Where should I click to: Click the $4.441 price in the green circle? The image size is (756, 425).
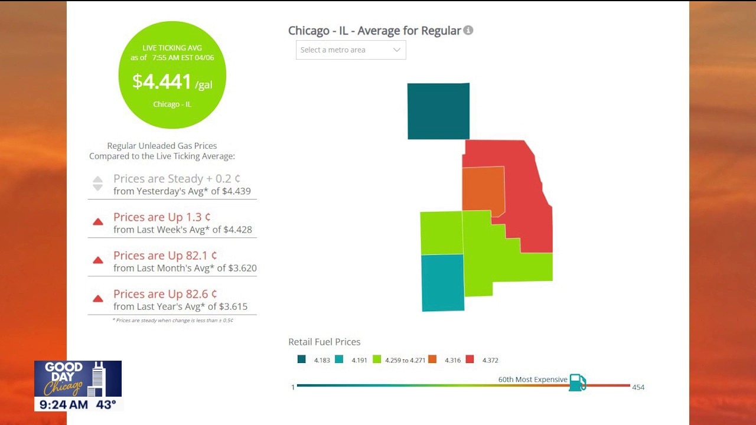[x=161, y=81]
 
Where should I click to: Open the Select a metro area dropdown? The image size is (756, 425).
[x=351, y=50]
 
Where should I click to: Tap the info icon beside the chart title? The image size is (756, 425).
[x=468, y=30]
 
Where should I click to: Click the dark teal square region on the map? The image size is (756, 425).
[x=438, y=111]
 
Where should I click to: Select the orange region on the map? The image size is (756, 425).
[x=483, y=188]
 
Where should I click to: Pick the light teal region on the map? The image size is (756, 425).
[x=442, y=282]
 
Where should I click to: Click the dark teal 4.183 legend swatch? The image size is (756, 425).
[x=302, y=359]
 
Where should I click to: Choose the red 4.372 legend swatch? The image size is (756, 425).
[x=470, y=359]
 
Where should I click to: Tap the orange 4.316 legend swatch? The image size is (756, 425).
[x=432, y=359]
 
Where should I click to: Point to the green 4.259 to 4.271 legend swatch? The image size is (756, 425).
[x=377, y=359]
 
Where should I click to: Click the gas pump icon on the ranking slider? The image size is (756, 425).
[x=577, y=382]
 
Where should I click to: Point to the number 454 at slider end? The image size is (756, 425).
[x=638, y=387]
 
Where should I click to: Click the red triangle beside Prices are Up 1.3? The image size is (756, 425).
[x=98, y=222]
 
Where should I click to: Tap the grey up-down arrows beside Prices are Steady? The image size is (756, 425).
[x=98, y=184]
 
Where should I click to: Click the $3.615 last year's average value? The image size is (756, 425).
[x=233, y=306]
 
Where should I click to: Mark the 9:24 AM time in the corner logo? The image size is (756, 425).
[x=61, y=405]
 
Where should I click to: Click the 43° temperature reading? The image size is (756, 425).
[x=106, y=405]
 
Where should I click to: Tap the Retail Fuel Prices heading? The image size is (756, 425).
[x=324, y=342]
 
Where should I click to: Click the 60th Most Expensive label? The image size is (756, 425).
[x=533, y=380]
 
